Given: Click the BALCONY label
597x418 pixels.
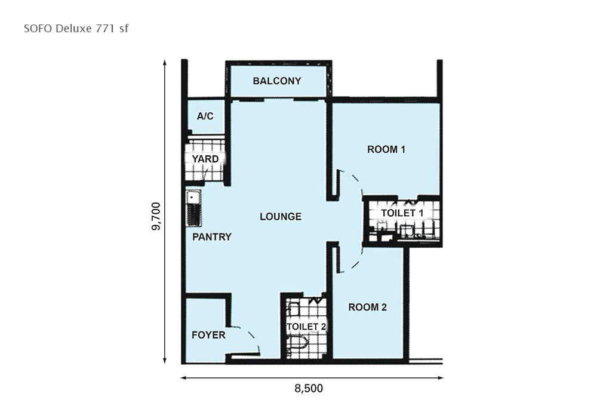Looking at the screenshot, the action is (277, 81).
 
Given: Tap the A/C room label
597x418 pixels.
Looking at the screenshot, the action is (205, 116).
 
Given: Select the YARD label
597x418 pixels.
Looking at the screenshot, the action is (205, 159).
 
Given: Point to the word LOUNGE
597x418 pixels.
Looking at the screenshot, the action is (281, 217).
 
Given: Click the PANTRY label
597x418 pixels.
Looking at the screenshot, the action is (212, 237).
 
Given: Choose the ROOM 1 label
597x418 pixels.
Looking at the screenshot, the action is (386, 149).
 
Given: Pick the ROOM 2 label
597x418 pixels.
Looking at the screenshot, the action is (367, 307).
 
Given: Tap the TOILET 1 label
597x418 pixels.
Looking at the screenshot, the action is (402, 213).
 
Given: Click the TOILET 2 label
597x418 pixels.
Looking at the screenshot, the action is (306, 327).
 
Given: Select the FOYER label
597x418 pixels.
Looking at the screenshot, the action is (208, 335).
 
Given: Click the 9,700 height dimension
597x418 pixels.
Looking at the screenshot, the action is (156, 216).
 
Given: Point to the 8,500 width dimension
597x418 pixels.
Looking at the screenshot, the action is (309, 388).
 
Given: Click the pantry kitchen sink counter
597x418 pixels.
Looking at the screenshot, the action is (193, 209).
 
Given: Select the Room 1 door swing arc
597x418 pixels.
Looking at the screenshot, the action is (356, 182).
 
